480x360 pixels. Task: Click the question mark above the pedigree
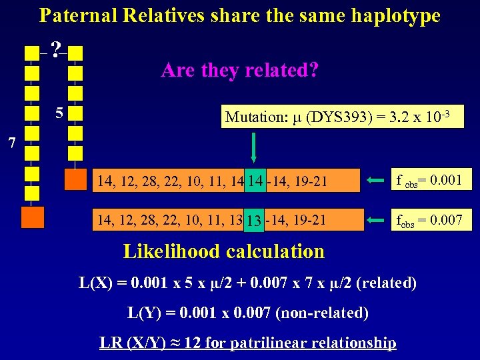57,48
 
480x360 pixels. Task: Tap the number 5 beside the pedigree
59,113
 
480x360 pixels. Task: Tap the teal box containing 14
255,180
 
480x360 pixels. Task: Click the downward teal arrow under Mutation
253,146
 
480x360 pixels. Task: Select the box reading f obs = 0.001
431,179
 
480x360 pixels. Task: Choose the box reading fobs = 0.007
431,219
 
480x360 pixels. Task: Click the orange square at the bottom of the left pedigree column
32,217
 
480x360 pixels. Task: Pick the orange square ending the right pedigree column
75,179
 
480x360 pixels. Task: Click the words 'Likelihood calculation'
224,251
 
